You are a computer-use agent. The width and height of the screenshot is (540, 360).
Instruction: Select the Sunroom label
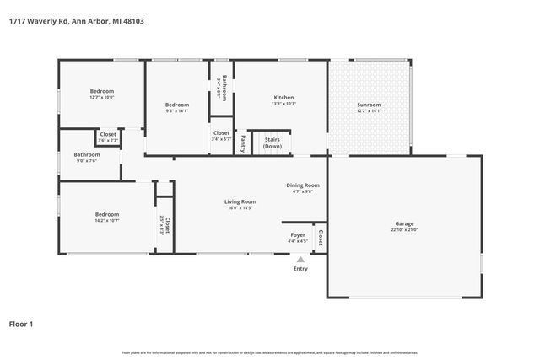point(369,105)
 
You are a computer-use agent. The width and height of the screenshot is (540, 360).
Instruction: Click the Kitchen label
point(283,98)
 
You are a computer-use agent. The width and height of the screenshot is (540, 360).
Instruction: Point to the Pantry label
point(243,142)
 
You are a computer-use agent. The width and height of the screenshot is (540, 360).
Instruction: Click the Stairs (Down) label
point(273,142)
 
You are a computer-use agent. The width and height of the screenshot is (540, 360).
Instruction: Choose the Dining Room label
point(302,185)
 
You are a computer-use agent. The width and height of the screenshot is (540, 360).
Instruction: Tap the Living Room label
point(240,201)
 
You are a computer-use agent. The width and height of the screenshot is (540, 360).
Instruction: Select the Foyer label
point(298,235)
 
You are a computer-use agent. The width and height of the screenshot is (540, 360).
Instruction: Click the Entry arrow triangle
point(300,260)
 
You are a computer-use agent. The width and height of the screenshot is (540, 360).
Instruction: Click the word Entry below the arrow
point(300,269)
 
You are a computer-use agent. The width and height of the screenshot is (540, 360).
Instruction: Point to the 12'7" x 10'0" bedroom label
point(102,97)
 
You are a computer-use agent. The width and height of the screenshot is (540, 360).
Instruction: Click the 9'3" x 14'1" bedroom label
point(176,109)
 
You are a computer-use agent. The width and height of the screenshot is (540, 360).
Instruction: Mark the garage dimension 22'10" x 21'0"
point(405,230)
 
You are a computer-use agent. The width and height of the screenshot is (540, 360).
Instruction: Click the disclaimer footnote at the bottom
point(270,352)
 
